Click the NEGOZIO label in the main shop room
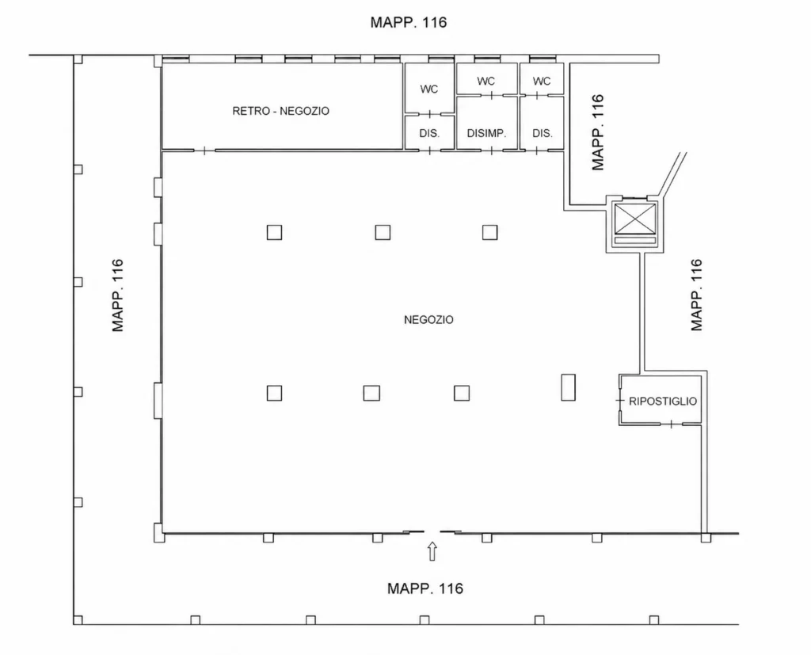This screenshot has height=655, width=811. (428, 320)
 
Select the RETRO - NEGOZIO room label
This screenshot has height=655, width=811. (281, 111)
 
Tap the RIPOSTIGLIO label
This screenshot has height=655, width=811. (663, 401)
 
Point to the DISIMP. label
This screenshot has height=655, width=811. (486, 133)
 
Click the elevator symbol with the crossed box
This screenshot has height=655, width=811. (634, 219)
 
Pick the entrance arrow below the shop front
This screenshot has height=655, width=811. (432, 551)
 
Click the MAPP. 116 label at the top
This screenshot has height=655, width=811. (408, 22)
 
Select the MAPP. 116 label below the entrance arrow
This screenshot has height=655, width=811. (425, 588)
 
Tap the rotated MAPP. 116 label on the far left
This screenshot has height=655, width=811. (118, 295)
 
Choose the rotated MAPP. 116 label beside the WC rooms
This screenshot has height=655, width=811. (598, 132)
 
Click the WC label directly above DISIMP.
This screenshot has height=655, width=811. (485, 82)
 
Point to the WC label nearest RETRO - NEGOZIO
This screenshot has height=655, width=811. (428, 89)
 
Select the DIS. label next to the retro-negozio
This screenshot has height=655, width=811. (429, 133)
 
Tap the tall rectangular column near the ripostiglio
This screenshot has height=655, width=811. (568, 387)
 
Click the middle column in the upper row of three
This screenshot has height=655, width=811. (383, 232)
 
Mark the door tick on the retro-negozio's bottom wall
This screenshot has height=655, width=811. (204, 150)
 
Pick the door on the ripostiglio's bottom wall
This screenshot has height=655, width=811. (671, 425)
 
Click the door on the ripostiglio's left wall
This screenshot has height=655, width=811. (619, 401)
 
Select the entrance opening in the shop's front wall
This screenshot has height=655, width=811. (432, 532)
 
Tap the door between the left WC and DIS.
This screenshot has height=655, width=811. (429, 114)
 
